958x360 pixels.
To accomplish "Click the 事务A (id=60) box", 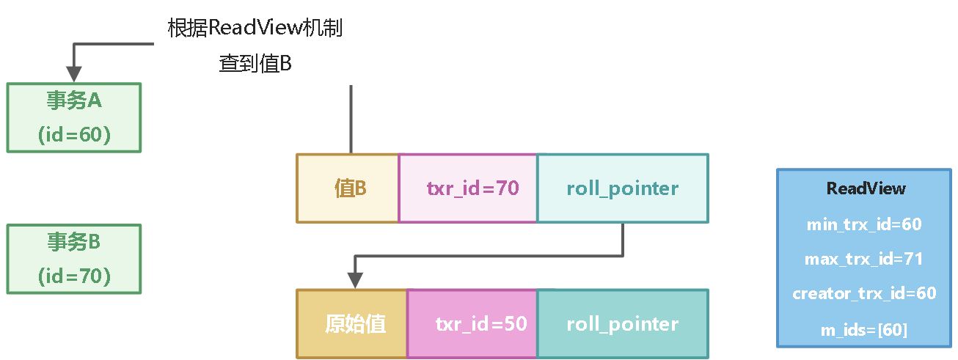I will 73,117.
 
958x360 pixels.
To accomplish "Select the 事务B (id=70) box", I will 73,259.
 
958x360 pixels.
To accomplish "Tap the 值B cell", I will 348,188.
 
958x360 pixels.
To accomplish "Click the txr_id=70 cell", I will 468,188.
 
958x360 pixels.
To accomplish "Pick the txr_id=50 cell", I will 472,324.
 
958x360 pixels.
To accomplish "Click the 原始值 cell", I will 352,324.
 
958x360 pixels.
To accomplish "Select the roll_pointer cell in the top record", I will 623,188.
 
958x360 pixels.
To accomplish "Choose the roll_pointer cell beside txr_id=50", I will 623,324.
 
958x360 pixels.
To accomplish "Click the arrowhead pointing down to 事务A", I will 73,73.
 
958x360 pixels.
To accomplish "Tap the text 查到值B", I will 255,64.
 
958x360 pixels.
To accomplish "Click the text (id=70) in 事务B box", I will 73,276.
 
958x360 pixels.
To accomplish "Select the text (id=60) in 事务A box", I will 73,135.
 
